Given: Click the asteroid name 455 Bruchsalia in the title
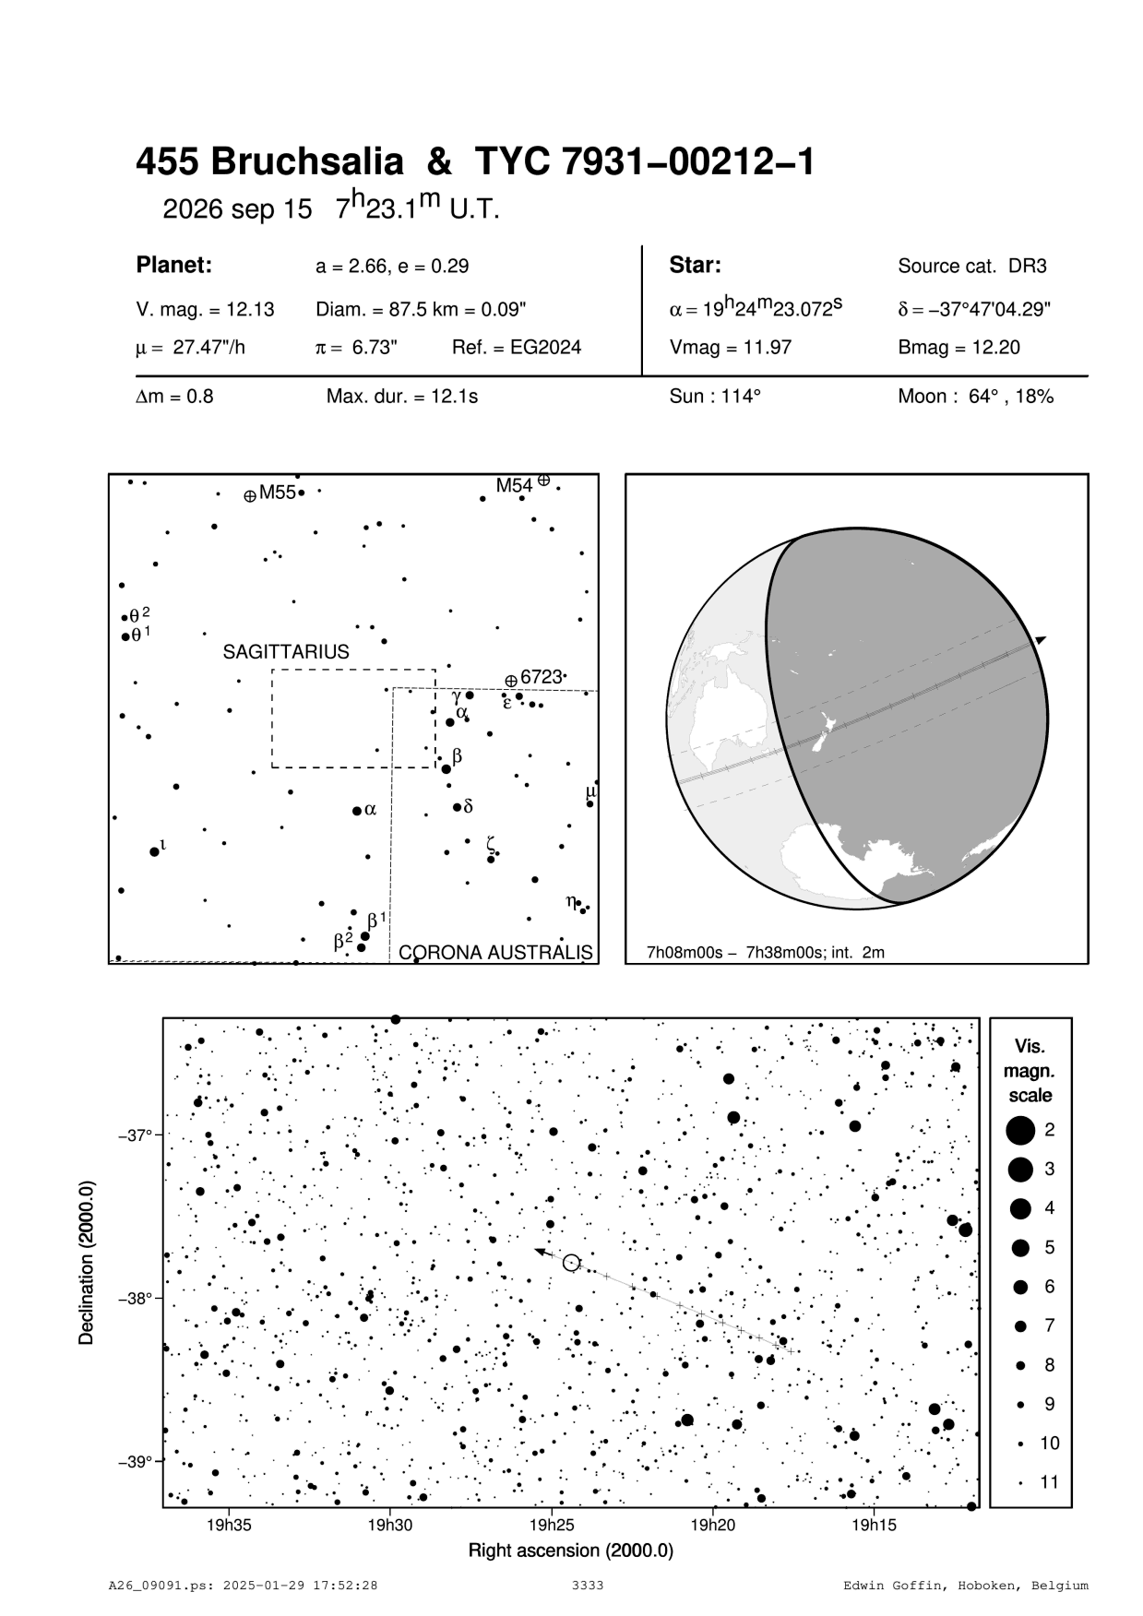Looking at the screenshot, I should [269, 162].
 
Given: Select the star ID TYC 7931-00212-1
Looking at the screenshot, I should [645, 162].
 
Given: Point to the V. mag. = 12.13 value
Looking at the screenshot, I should [205, 310].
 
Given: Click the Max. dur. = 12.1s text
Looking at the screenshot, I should [402, 397].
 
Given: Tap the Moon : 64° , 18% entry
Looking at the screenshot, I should [975, 397].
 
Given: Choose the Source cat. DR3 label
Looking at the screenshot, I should [972, 267].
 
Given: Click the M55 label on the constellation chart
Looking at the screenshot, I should [277, 493].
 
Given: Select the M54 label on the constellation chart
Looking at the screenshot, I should [514, 485].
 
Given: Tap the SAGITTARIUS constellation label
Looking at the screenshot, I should [286, 652].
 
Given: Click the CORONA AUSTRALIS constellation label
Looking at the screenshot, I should [495, 952].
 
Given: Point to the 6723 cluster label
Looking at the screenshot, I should [541, 677].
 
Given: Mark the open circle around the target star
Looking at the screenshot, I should [571, 1262].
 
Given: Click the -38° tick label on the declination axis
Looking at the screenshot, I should [135, 1299].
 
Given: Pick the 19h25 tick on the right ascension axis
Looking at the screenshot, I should [551, 1525].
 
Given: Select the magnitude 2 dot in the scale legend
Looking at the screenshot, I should [1020, 1130].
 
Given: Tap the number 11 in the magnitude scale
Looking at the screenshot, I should [1050, 1482].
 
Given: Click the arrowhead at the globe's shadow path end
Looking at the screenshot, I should [1041, 639].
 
